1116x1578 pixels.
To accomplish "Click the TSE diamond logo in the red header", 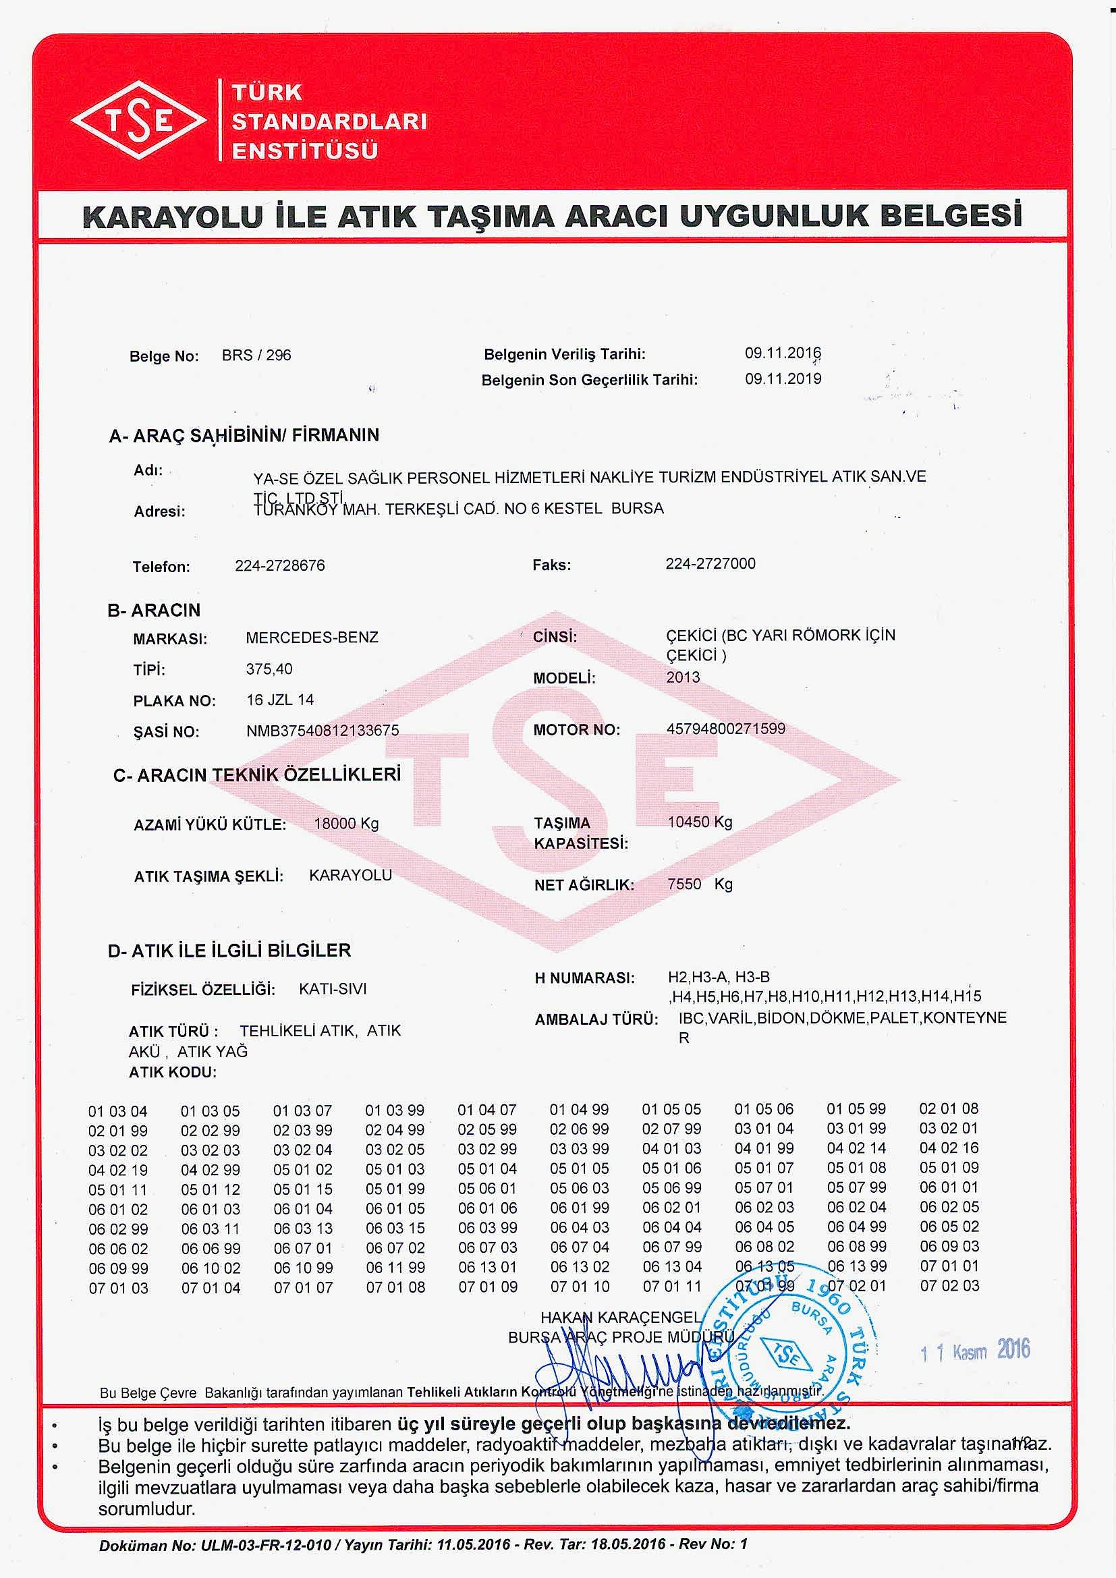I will (x=139, y=121).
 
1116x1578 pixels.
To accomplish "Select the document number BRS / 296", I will (x=256, y=356).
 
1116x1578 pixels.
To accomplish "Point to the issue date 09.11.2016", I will (x=783, y=354).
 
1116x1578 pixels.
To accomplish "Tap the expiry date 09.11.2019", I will (x=783, y=378).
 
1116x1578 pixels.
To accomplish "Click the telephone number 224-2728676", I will (x=280, y=565).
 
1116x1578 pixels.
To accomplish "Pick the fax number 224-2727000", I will (x=710, y=563).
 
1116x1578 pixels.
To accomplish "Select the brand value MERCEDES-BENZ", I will (x=312, y=637).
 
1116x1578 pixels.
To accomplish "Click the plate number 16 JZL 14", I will (x=280, y=700).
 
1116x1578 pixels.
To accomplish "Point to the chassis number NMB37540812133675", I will (x=323, y=730).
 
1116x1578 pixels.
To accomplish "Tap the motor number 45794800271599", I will (x=726, y=729).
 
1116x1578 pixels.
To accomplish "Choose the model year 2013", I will (x=683, y=677).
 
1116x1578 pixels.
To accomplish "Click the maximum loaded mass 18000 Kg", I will (x=346, y=823).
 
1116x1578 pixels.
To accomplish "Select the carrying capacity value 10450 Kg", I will (x=700, y=822).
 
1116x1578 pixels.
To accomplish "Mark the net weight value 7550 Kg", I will (x=700, y=884).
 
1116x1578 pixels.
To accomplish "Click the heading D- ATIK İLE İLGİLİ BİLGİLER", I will (x=229, y=951).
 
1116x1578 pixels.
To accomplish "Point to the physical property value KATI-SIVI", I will (x=333, y=989).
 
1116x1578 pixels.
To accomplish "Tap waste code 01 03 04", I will (x=117, y=1111).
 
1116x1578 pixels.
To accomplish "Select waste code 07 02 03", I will (x=949, y=1285).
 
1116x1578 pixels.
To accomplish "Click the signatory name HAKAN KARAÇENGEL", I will (x=621, y=1318).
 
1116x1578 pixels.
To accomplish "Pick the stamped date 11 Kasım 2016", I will (x=974, y=1351).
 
